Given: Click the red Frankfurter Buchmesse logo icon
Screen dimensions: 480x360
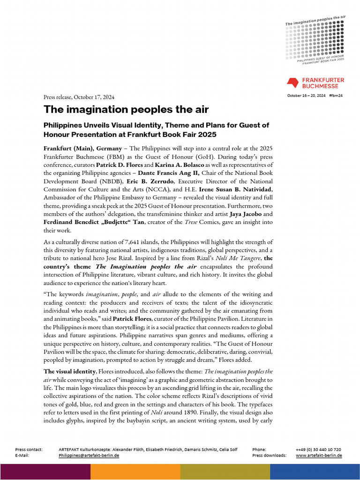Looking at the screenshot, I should click(293, 83).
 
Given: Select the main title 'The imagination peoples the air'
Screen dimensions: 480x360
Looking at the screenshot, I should click(126, 109).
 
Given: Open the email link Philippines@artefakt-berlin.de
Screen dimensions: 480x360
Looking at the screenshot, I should click(89, 455).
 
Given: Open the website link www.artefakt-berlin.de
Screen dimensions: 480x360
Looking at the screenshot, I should click(319, 455).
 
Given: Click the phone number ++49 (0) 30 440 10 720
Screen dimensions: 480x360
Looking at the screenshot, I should click(318, 449).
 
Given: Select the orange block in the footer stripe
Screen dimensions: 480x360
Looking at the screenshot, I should click(135, 472).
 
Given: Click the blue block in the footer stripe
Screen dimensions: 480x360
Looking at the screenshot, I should click(315, 472).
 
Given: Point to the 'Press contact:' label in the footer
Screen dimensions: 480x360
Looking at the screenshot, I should click(29, 449).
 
